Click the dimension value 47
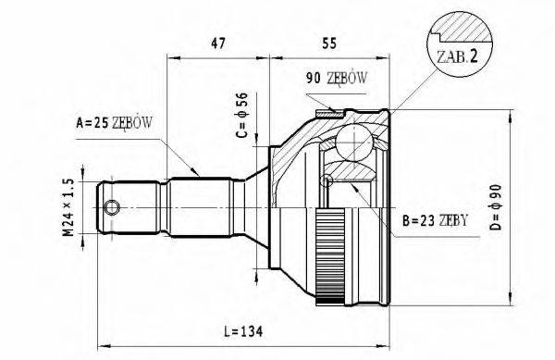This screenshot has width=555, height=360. tap(219, 43)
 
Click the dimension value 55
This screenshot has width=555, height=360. tap(328, 43)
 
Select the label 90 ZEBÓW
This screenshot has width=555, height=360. tap(334, 80)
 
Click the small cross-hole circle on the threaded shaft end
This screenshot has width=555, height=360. tap(113, 206)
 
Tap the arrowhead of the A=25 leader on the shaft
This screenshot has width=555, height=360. tap(198, 172)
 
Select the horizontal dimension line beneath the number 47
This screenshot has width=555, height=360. tap(217, 57)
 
